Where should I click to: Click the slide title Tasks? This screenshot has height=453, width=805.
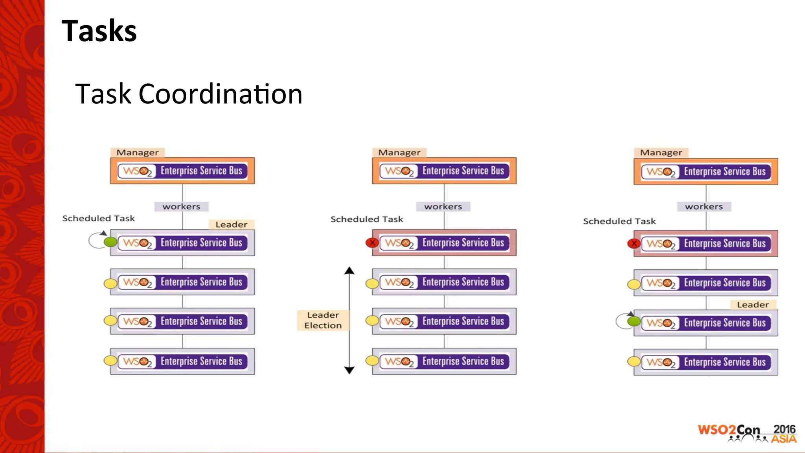point(99,31)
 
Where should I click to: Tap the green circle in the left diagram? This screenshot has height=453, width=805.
point(110,242)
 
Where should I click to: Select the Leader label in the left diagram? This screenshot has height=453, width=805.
point(231,225)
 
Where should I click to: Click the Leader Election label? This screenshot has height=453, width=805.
point(323,320)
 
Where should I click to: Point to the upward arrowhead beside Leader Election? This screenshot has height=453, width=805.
point(349,271)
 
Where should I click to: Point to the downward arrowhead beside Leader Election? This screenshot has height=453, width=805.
point(349,370)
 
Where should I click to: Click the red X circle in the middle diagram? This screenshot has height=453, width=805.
point(372,243)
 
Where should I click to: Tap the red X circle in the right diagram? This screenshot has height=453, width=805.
point(634,243)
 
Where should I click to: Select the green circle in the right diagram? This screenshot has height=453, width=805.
point(634,321)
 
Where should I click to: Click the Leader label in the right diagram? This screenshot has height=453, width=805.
point(753,305)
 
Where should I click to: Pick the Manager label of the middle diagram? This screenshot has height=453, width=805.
point(399,153)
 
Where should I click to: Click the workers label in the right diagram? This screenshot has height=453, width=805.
point(704,206)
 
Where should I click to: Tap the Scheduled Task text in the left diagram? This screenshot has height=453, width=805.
point(98,218)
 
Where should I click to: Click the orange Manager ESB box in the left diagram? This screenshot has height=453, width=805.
point(182,171)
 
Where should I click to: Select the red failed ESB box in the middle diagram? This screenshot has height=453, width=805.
point(444,243)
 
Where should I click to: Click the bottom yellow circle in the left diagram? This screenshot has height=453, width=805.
point(110,361)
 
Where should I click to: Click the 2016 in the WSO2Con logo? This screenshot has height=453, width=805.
point(784,429)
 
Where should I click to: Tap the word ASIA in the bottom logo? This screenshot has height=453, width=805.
point(783,439)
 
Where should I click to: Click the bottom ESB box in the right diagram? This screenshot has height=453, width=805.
point(706,362)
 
